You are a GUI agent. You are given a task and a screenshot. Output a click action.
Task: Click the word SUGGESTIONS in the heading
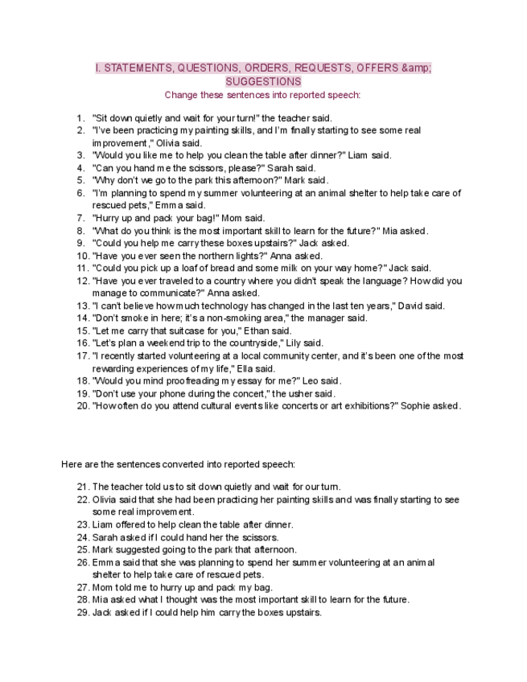263,81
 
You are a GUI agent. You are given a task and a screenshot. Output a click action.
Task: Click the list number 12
82,281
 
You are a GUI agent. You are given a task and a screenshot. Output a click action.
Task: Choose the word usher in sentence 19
301,393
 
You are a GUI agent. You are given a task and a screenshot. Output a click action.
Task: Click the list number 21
82,487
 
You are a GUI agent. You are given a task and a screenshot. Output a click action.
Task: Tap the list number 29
82,612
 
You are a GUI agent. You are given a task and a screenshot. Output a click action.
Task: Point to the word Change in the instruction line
181,94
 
